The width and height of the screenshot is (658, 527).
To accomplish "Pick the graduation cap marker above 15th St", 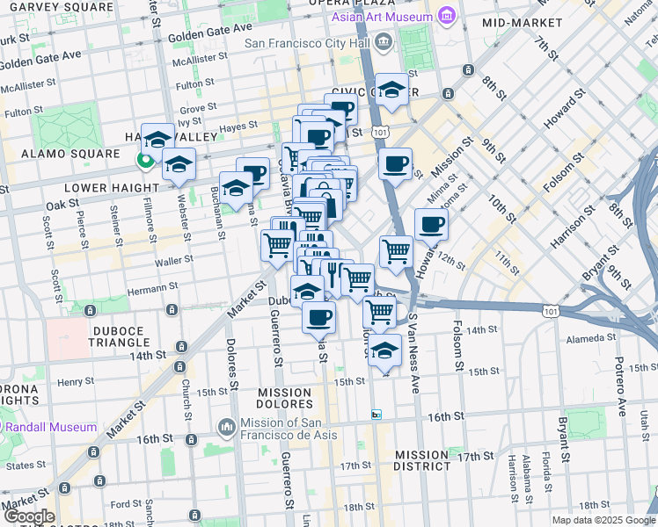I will pyautogui.click(x=384, y=350).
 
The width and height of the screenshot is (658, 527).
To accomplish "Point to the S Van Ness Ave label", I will pyautogui.click(x=413, y=357).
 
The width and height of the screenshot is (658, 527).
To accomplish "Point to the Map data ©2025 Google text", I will pyautogui.click(x=602, y=520).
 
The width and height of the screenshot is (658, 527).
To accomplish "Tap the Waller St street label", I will pyautogui.click(x=167, y=261).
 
